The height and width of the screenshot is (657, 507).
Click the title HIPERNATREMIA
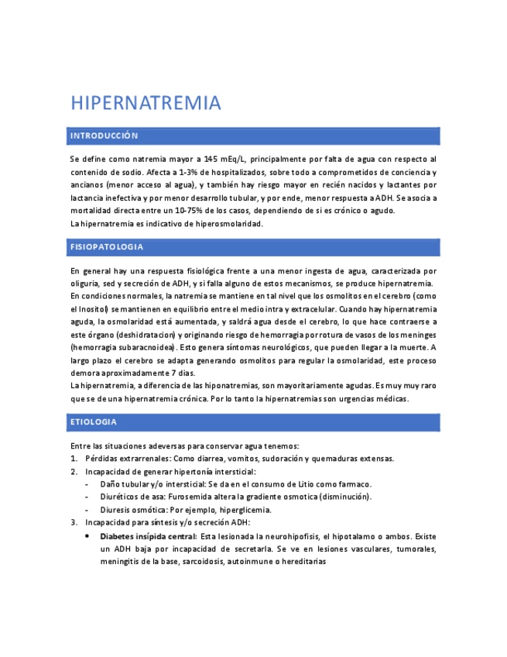(x=146, y=103)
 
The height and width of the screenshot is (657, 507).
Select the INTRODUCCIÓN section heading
(x=104, y=136)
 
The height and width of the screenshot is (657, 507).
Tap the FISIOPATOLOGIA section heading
(x=106, y=247)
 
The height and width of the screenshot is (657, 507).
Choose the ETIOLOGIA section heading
(x=93, y=422)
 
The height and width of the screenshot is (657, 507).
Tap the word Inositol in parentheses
(x=89, y=308)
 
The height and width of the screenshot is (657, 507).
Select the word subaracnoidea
(x=146, y=347)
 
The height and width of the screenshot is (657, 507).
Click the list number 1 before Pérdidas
(x=73, y=459)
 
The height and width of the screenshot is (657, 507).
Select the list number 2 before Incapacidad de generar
(x=73, y=472)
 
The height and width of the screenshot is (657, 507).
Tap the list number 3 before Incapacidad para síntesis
(x=73, y=522)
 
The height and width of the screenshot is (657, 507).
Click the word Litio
(x=296, y=484)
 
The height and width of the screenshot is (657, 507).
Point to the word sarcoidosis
(x=204, y=561)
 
